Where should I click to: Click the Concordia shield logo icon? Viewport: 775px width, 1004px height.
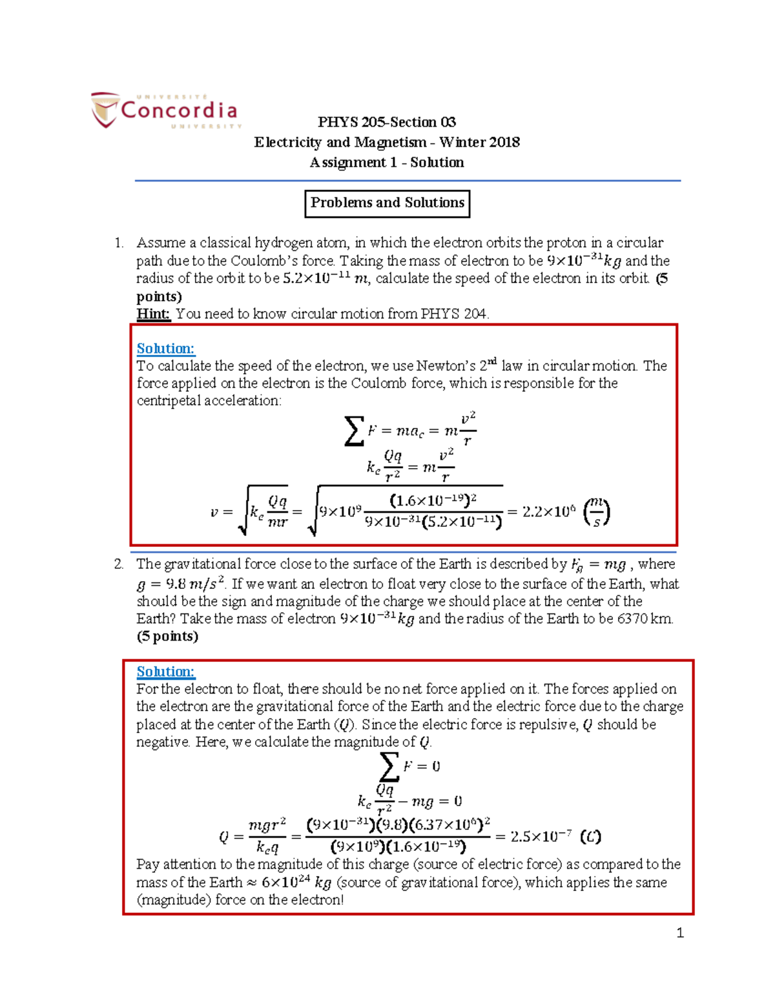(x=103, y=109)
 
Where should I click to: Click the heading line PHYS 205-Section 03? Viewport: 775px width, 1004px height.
(x=386, y=122)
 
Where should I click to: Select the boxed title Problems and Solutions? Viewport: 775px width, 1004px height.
(x=387, y=203)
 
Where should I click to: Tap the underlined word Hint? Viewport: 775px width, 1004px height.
(x=153, y=314)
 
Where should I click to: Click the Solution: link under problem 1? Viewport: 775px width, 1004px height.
(x=165, y=348)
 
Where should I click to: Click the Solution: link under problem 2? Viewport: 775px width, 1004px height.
(x=165, y=672)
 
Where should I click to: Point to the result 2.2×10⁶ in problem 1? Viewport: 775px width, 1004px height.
(x=548, y=512)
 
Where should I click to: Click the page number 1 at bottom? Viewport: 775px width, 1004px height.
(x=679, y=932)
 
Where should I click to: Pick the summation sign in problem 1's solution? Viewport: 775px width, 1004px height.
(x=354, y=431)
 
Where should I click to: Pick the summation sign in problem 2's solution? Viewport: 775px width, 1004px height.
(x=389, y=767)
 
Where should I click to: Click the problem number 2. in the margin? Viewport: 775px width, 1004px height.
(x=119, y=564)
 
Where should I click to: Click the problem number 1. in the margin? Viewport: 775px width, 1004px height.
(x=119, y=243)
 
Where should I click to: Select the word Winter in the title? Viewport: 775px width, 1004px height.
(x=462, y=142)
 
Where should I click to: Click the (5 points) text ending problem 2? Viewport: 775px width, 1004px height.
(x=167, y=636)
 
